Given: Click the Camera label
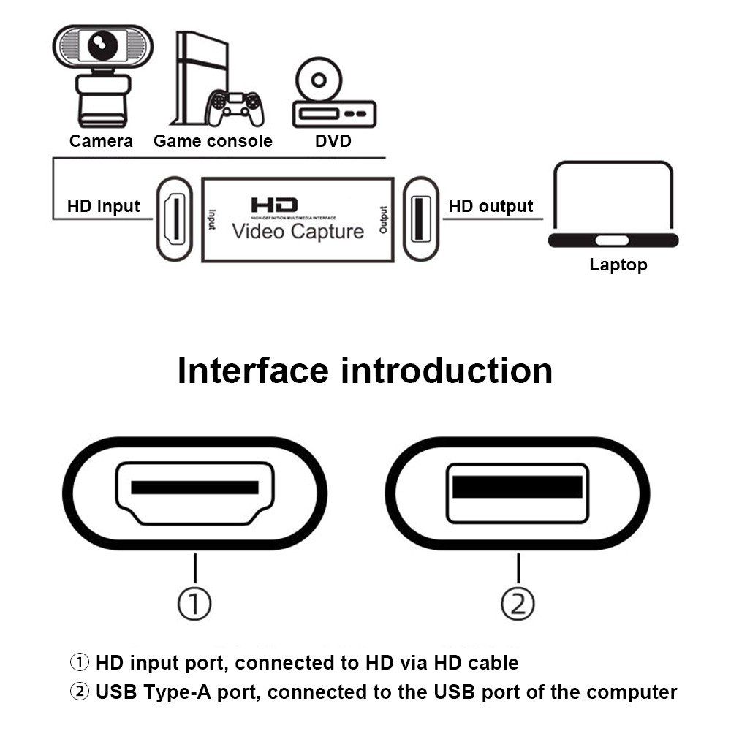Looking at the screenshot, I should click(x=101, y=141).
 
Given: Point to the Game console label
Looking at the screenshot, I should click(x=213, y=141).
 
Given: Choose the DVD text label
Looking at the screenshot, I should click(x=333, y=141).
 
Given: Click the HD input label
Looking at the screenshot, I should click(x=103, y=206).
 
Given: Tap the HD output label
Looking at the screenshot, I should click(x=491, y=206).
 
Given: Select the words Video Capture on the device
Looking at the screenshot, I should click(x=298, y=232).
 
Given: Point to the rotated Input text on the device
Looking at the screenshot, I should click(x=212, y=219).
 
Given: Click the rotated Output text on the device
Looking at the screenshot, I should click(x=382, y=219).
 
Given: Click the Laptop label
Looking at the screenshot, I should click(x=618, y=265).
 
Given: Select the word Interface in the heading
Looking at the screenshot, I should click(x=253, y=371).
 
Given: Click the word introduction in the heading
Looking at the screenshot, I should click(x=447, y=371).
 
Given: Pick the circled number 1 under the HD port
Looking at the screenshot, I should click(x=195, y=604).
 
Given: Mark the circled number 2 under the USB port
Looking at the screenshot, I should click(x=518, y=604).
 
